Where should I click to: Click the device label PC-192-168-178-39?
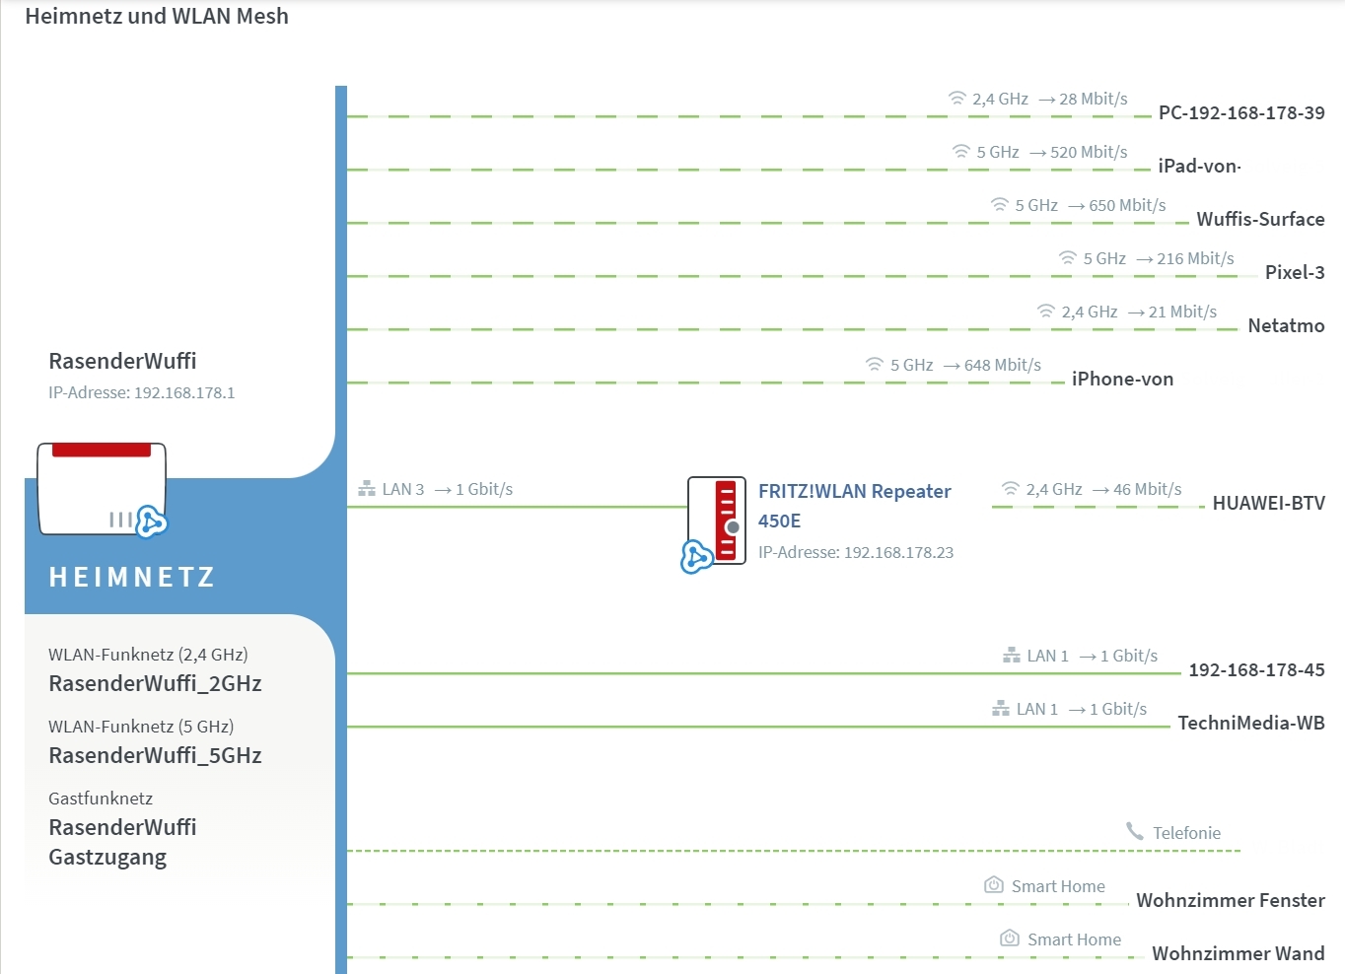(x=1240, y=112)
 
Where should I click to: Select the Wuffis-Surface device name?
(x=1259, y=219)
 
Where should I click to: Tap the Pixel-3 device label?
(x=1294, y=272)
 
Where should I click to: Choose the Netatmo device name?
(x=1285, y=325)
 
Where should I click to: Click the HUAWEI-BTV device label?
(x=1268, y=503)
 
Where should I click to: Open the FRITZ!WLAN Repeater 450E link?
(x=854, y=505)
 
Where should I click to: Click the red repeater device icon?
(x=717, y=521)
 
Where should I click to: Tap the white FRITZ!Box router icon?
(x=102, y=489)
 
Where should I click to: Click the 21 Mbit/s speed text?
(x=1182, y=312)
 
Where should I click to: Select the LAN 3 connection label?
(x=402, y=489)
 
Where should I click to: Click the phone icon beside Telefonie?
(x=1135, y=832)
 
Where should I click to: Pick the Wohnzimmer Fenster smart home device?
(x=1230, y=900)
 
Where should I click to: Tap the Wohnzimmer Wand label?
(x=1238, y=953)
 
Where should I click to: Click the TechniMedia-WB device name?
(x=1250, y=723)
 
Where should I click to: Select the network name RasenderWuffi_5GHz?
(x=155, y=755)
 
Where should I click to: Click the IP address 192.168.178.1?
(x=183, y=392)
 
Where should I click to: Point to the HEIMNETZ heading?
(x=132, y=577)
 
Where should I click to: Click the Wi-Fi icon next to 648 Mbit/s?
(x=875, y=365)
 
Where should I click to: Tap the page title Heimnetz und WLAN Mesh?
(x=157, y=16)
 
